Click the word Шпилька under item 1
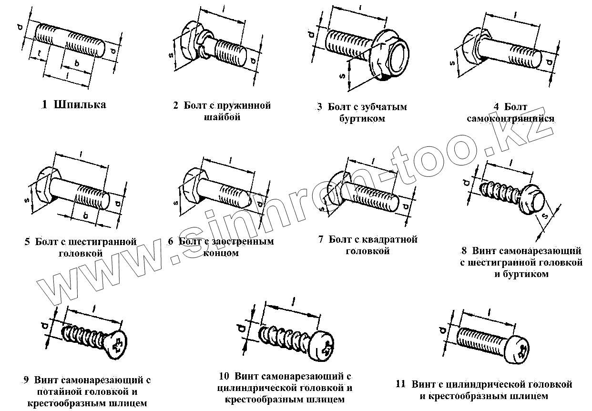80,105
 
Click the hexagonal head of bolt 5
44,188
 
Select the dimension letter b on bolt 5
85,216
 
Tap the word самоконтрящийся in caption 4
510,118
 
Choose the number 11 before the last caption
401,384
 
